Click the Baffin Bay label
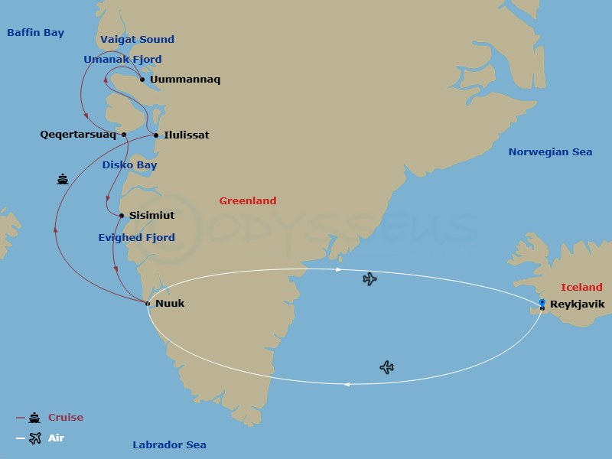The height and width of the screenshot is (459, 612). pos(35,33)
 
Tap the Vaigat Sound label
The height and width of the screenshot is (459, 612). pos(137,40)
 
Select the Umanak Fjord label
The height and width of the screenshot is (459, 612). pos(122,60)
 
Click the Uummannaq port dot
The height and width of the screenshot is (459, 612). pos(142,79)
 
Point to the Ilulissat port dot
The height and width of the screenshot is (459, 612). pos(157,135)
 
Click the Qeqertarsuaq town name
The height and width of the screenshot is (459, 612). pos(78,135)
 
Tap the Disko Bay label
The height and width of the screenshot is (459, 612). pos(129,165)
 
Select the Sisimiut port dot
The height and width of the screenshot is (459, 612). pos(122,216)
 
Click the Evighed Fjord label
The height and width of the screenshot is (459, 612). pos(136,238)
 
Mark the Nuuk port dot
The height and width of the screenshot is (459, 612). pos(147,304)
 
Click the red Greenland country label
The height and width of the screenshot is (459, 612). pos(247,201)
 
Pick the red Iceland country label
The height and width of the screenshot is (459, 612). pos(581,288)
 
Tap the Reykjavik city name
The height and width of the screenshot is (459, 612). pos(577,304)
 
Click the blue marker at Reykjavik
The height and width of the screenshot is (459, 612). pos(542,303)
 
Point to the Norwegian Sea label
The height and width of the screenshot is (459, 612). pos(550,152)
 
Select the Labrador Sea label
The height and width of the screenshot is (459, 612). pos(169,445)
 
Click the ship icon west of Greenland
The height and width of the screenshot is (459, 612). pos(63,180)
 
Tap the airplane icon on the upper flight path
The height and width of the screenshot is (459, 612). pos(370,279)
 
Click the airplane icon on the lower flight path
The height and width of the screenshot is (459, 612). pos(387,368)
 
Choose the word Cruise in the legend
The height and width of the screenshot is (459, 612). pos(66,418)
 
